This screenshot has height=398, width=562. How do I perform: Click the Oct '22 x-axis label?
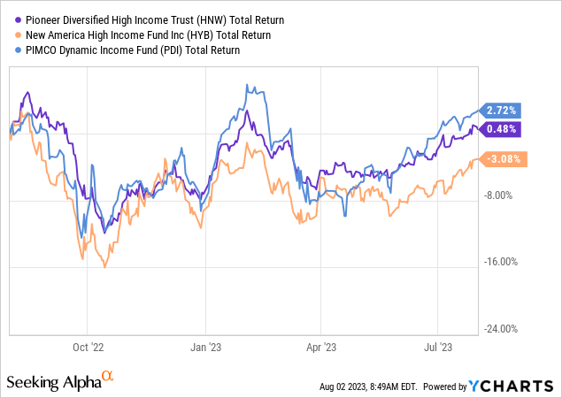(x=89, y=348)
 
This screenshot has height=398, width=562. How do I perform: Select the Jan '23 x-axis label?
(x=206, y=348)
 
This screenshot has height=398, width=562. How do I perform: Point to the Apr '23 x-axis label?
(x=321, y=348)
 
